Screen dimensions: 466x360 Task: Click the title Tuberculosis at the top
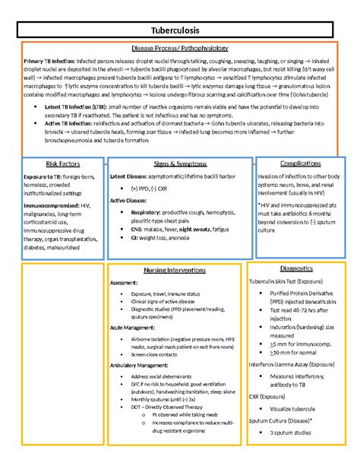[x=179, y=29]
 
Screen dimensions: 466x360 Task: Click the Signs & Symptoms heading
[x=179, y=163]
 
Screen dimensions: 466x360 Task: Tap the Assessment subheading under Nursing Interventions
[x=124, y=283]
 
